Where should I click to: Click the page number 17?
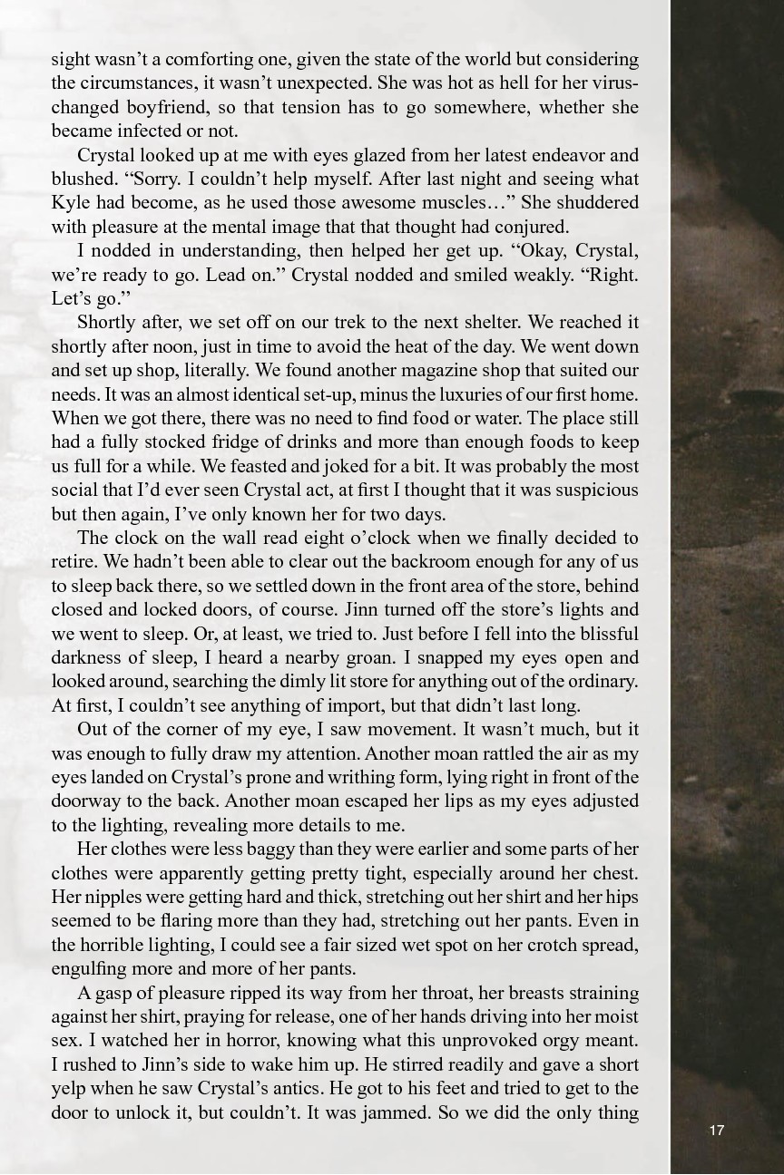[x=717, y=1130]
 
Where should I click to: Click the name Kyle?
[x=71, y=203]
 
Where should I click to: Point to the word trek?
[x=354, y=324]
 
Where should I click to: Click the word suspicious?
[x=592, y=490]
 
